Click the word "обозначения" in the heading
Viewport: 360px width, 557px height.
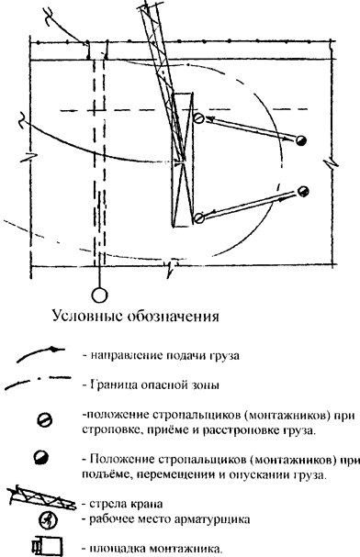(173, 316)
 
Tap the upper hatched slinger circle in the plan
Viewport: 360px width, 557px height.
(198, 118)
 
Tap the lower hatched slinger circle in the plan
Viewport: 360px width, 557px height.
(199, 217)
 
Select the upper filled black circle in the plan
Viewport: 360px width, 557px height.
(300, 140)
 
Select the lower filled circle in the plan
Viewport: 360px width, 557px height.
(303, 192)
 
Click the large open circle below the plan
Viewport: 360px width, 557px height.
(99, 295)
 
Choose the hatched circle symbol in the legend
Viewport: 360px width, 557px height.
(45, 421)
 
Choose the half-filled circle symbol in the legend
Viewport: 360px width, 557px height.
(41, 457)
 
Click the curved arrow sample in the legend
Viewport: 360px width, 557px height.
(40, 354)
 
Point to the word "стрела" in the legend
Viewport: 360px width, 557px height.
(105, 504)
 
